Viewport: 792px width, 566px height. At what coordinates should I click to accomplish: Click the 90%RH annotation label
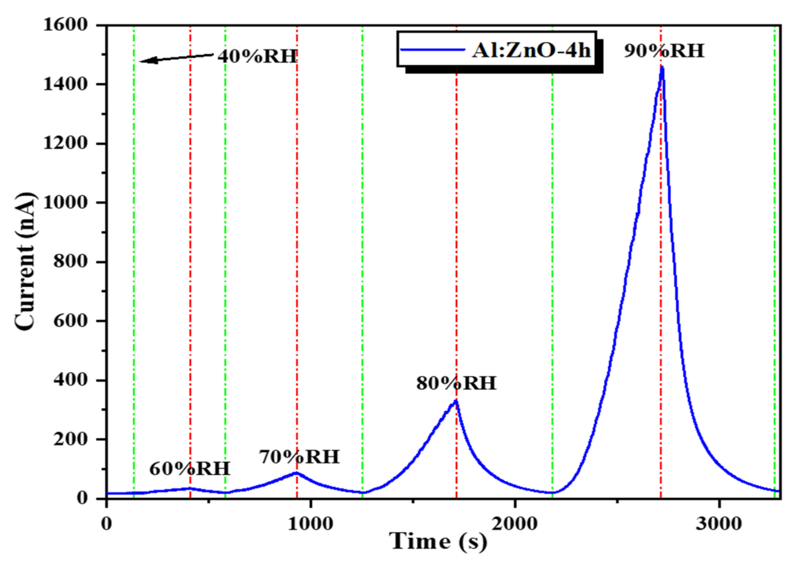(664, 51)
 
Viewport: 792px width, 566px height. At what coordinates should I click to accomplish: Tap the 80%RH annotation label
(456, 383)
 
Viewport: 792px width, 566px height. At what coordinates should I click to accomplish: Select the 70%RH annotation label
(299, 457)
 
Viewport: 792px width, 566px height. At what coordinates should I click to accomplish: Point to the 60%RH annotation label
(190, 469)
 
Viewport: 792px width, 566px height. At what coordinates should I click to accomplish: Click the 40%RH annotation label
(258, 56)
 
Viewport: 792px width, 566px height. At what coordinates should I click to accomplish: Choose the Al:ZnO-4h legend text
(531, 50)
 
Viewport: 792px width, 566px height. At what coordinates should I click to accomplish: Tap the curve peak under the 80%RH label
(456, 401)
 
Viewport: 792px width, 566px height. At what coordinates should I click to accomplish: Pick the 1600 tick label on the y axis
(65, 25)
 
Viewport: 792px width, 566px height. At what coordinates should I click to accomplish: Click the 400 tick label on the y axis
(70, 380)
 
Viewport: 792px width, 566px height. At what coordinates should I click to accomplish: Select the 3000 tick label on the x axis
(719, 524)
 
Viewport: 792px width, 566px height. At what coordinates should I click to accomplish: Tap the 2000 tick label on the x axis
(515, 524)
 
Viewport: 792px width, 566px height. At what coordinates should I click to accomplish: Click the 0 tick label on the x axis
(107, 524)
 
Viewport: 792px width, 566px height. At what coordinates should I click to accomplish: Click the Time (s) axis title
(438, 542)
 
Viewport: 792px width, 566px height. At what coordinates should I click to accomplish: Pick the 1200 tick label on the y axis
(65, 143)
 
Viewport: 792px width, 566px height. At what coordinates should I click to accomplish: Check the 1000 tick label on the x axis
(310, 524)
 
